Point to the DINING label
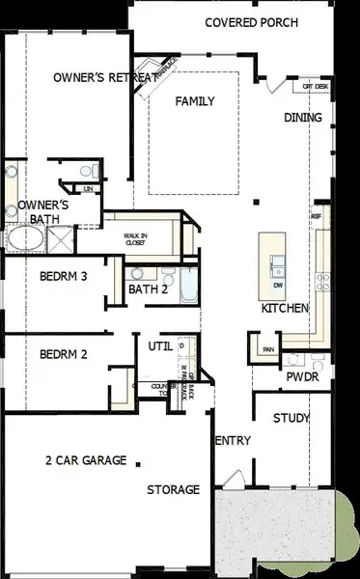point(302,118)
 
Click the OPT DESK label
point(316,87)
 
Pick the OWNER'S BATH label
point(43,212)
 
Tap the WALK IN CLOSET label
point(141,238)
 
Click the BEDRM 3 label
point(64,276)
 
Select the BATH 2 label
point(149,289)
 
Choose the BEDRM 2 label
point(64,354)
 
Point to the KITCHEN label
point(285,308)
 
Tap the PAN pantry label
point(267,348)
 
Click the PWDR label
point(301,377)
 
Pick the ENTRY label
point(232,441)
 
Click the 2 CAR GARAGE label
point(86,460)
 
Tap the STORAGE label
point(173,489)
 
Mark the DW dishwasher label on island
point(278,286)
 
